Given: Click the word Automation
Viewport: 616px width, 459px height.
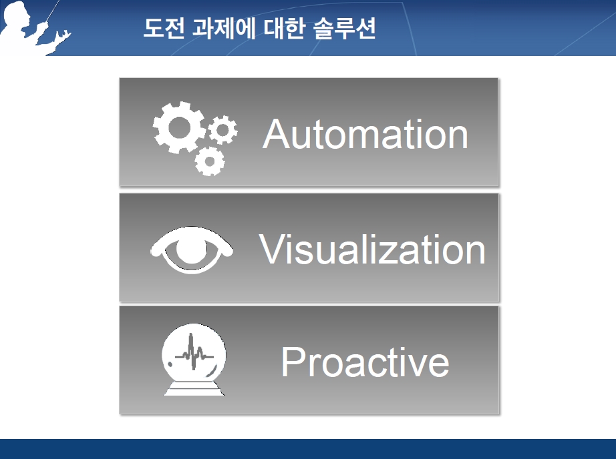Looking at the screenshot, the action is [365, 134].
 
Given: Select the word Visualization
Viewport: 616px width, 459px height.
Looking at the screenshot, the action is [372, 249].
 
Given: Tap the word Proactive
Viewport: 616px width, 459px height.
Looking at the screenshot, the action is [365, 362].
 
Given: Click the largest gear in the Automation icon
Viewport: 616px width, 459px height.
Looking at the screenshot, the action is [179, 127].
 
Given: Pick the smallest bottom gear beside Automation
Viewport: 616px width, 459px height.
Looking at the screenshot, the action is [209, 161].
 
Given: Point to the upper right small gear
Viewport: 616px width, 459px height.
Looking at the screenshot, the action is [222, 129].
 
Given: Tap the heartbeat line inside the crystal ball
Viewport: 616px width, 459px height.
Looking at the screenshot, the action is [194, 353].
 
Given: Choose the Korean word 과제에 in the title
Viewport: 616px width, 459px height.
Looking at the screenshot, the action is [224, 28].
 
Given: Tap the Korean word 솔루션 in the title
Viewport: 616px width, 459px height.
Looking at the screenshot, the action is [345, 28].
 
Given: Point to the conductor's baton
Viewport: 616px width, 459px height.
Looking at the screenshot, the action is [53, 11].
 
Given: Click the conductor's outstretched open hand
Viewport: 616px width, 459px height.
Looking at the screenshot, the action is [63, 37].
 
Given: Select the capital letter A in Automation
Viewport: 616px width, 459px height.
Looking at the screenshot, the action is [277, 134].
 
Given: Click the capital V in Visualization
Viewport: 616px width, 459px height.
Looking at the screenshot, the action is [273, 249].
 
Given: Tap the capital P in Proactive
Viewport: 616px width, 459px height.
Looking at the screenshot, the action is [293, 362].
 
